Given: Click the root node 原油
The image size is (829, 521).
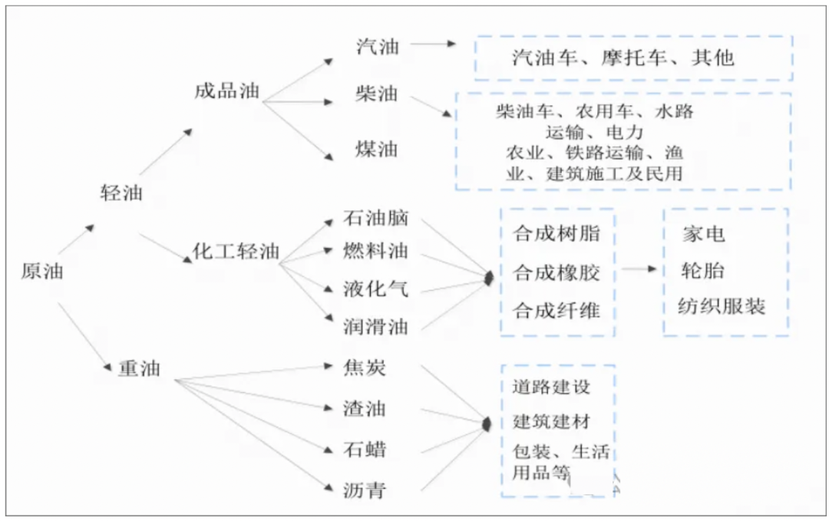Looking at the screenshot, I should pos(42,271).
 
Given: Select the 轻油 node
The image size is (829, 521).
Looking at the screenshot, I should pos(121,192).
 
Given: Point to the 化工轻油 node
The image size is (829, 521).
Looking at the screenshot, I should pos(236,252).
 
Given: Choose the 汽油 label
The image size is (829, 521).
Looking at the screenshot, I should pos(378,45).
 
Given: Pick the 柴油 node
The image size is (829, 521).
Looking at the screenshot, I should pos(377,94).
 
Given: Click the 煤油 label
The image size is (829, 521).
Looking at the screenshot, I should pos(377,148).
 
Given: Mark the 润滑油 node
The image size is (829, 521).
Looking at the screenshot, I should pos(376,327).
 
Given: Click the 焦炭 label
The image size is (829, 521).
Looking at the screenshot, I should pos(365,369).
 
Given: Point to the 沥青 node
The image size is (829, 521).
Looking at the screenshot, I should pos(365,490).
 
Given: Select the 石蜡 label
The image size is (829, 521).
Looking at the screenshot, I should pos(365,447).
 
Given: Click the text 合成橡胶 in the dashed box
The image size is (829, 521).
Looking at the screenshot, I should pos(557,272).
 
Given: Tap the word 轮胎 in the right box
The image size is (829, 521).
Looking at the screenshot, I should pos(702,271).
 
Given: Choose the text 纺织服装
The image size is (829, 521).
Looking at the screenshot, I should pos(722,307).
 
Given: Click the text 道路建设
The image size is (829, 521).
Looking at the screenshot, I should pos(551,387).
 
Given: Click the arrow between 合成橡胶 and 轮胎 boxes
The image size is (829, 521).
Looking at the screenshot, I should pos(639,270).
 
